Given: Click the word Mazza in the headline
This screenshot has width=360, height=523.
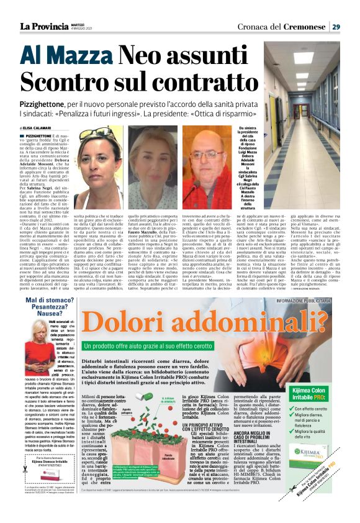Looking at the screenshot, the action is (x=78, y=58).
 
